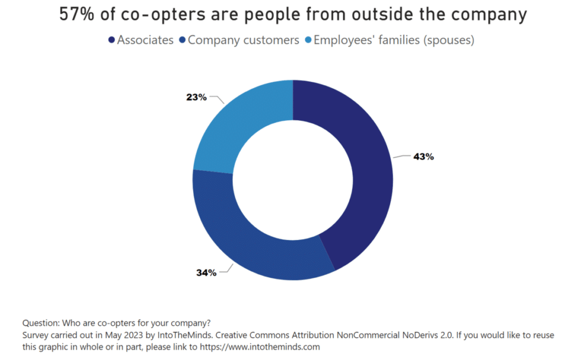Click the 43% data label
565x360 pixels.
point(424,157)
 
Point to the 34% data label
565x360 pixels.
point(206,272)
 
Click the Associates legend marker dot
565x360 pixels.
point(112,40)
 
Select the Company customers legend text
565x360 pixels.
point(243,40)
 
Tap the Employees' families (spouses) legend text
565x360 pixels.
point(394,40)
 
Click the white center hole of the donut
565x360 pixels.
point(293,180)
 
